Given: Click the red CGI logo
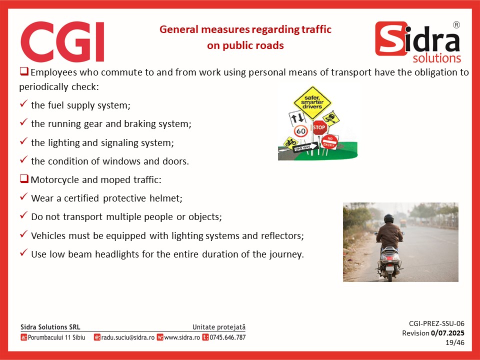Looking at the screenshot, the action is [x=62, y=41].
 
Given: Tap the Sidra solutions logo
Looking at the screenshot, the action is [x=418, y=42].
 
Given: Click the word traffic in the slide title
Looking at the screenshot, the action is [x=316, y=29].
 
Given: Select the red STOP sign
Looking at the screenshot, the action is [x=319, y=127].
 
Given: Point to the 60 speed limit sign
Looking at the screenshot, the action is [x=301, y=131].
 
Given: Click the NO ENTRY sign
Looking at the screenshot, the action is [x=329, y=141].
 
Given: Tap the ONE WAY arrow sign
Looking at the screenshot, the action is [x=305, y=147].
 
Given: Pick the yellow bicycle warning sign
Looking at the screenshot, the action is [x=290, y=142].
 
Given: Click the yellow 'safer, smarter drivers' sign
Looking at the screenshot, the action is [x=312, y=102].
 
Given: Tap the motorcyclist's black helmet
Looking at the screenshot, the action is [x=389, y=218].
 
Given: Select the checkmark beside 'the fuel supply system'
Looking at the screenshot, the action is [x=23, y=103].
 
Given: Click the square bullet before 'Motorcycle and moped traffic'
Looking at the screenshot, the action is [x=24, y=178].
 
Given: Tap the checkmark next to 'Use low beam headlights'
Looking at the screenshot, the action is [x=23, y=252].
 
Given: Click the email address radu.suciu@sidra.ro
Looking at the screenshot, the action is [x=127, y=337].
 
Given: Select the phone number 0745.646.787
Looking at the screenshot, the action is [x=227, y=337].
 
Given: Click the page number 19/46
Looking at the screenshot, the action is [x=455, y=342].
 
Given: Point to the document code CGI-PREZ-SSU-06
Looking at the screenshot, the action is [x=436, y=323].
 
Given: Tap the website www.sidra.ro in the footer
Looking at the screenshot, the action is [x=182, y=337].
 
